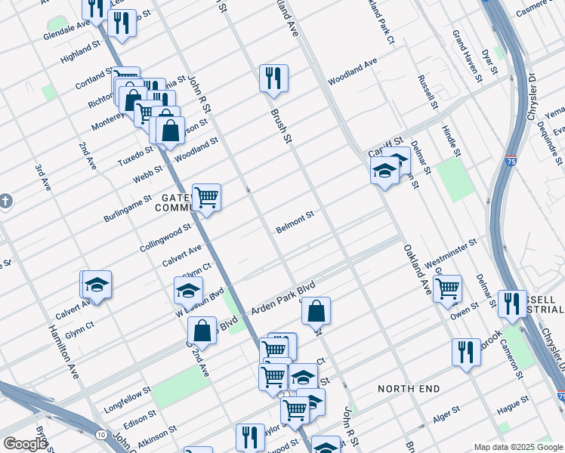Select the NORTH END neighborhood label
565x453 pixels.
pyautogui.click(x=409, y=389)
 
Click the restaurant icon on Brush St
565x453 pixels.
pyautogui.click(x=273, y=78)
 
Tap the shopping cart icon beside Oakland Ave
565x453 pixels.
pyautogui.click(x=448, y=288)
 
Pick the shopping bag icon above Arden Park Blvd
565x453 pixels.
pyautogui.click(x=316, y=310)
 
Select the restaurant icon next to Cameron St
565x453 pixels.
pyautogui.click(x=466, y=352)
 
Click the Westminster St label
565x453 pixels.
pyautogui.click(x=452, y=254)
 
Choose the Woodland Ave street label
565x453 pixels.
pyautogui.click(x=352, y=80)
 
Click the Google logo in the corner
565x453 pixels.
pyautogui.click(x=25, y=444)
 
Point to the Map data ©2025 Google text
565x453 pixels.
pyautogui.click(x=518, y=447)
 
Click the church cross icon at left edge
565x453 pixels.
pyautogui.click(x=5, y=202)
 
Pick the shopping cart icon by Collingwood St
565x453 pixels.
pyautogui.click(x=206, y=198)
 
